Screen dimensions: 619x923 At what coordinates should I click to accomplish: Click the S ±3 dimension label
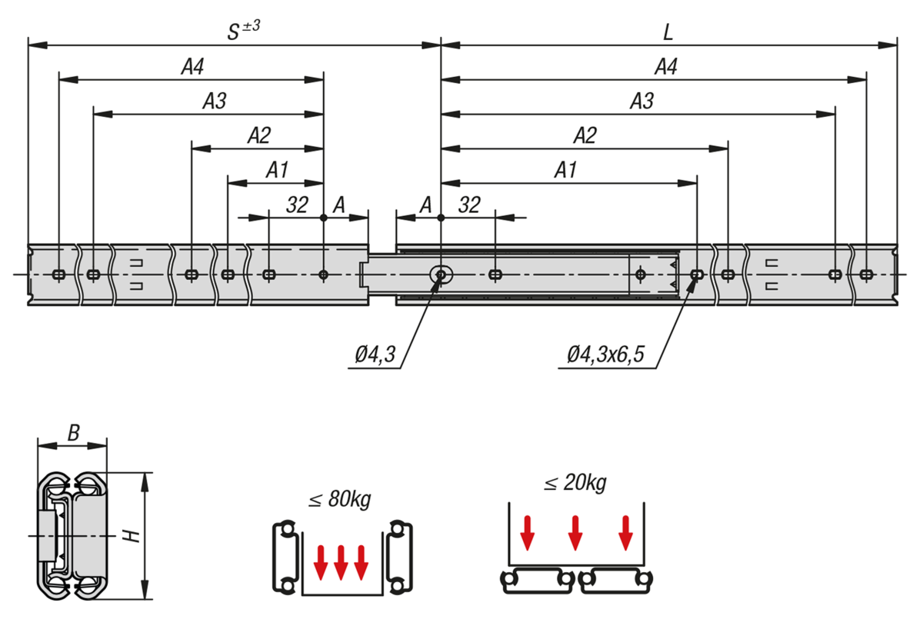tap(244, 30)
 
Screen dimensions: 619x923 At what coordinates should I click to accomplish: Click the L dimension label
tap(668, 32)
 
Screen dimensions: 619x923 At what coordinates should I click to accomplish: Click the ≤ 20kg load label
tap(575, 484)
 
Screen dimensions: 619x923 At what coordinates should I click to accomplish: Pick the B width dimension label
tap(73, 434)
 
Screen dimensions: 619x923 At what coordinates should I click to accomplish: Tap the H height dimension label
tap(135, 534)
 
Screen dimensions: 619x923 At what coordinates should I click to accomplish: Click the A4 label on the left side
tap(192, 67)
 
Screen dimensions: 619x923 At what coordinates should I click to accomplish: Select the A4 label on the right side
tap(665, 67)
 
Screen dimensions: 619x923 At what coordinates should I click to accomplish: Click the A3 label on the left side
tap(215, 101)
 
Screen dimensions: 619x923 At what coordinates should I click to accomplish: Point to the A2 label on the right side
tap(585, 135)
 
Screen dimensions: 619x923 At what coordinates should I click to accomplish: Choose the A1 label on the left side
tap(277, 170)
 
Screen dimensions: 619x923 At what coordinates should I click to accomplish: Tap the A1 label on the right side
tap(565, 170)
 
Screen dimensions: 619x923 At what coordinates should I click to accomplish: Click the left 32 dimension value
tap(297, 205)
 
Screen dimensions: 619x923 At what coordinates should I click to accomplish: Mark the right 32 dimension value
tap(468, 205)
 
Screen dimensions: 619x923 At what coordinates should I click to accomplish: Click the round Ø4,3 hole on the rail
tap(441, 275)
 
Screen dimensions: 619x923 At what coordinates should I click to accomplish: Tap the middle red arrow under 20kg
tap(575, 533)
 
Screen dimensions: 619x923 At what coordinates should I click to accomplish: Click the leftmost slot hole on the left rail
tap(58, 275)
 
